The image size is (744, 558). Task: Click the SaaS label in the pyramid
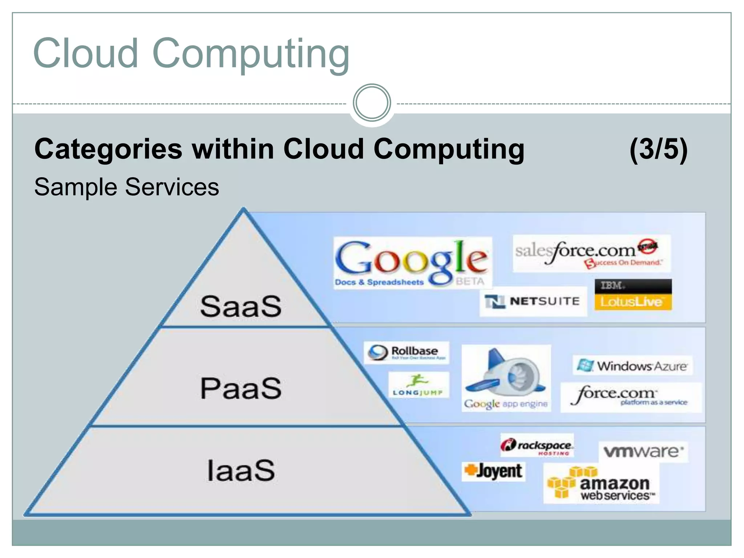[241, 306]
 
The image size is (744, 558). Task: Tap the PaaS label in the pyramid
[241, 388]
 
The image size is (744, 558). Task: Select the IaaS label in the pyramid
[241, 470]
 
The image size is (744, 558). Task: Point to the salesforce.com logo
[591, 254]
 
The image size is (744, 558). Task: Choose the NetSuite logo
[533, 302]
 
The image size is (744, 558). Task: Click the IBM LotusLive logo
[633, 295]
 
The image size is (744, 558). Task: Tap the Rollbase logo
[406, 352]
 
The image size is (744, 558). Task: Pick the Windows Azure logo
[633, 365]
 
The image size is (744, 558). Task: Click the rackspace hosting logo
[537, 445]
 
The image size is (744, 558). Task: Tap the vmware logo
[643, 452]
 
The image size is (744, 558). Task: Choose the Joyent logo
[493, 471]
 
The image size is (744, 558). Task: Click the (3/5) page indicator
[658, 149]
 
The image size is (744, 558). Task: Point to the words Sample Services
[126, 187]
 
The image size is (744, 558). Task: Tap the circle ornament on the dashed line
[372, 103]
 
